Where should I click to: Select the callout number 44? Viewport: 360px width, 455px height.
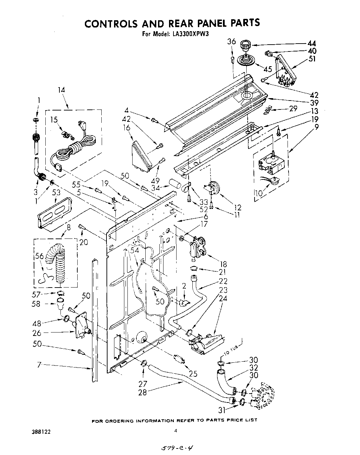pos(311,44)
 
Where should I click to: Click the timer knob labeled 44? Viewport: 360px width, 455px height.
pos(245,45)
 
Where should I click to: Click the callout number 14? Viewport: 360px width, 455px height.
pos(61,90)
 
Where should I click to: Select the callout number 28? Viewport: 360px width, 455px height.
pos(142,392)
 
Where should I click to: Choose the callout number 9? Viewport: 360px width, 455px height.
pos(316,126)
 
